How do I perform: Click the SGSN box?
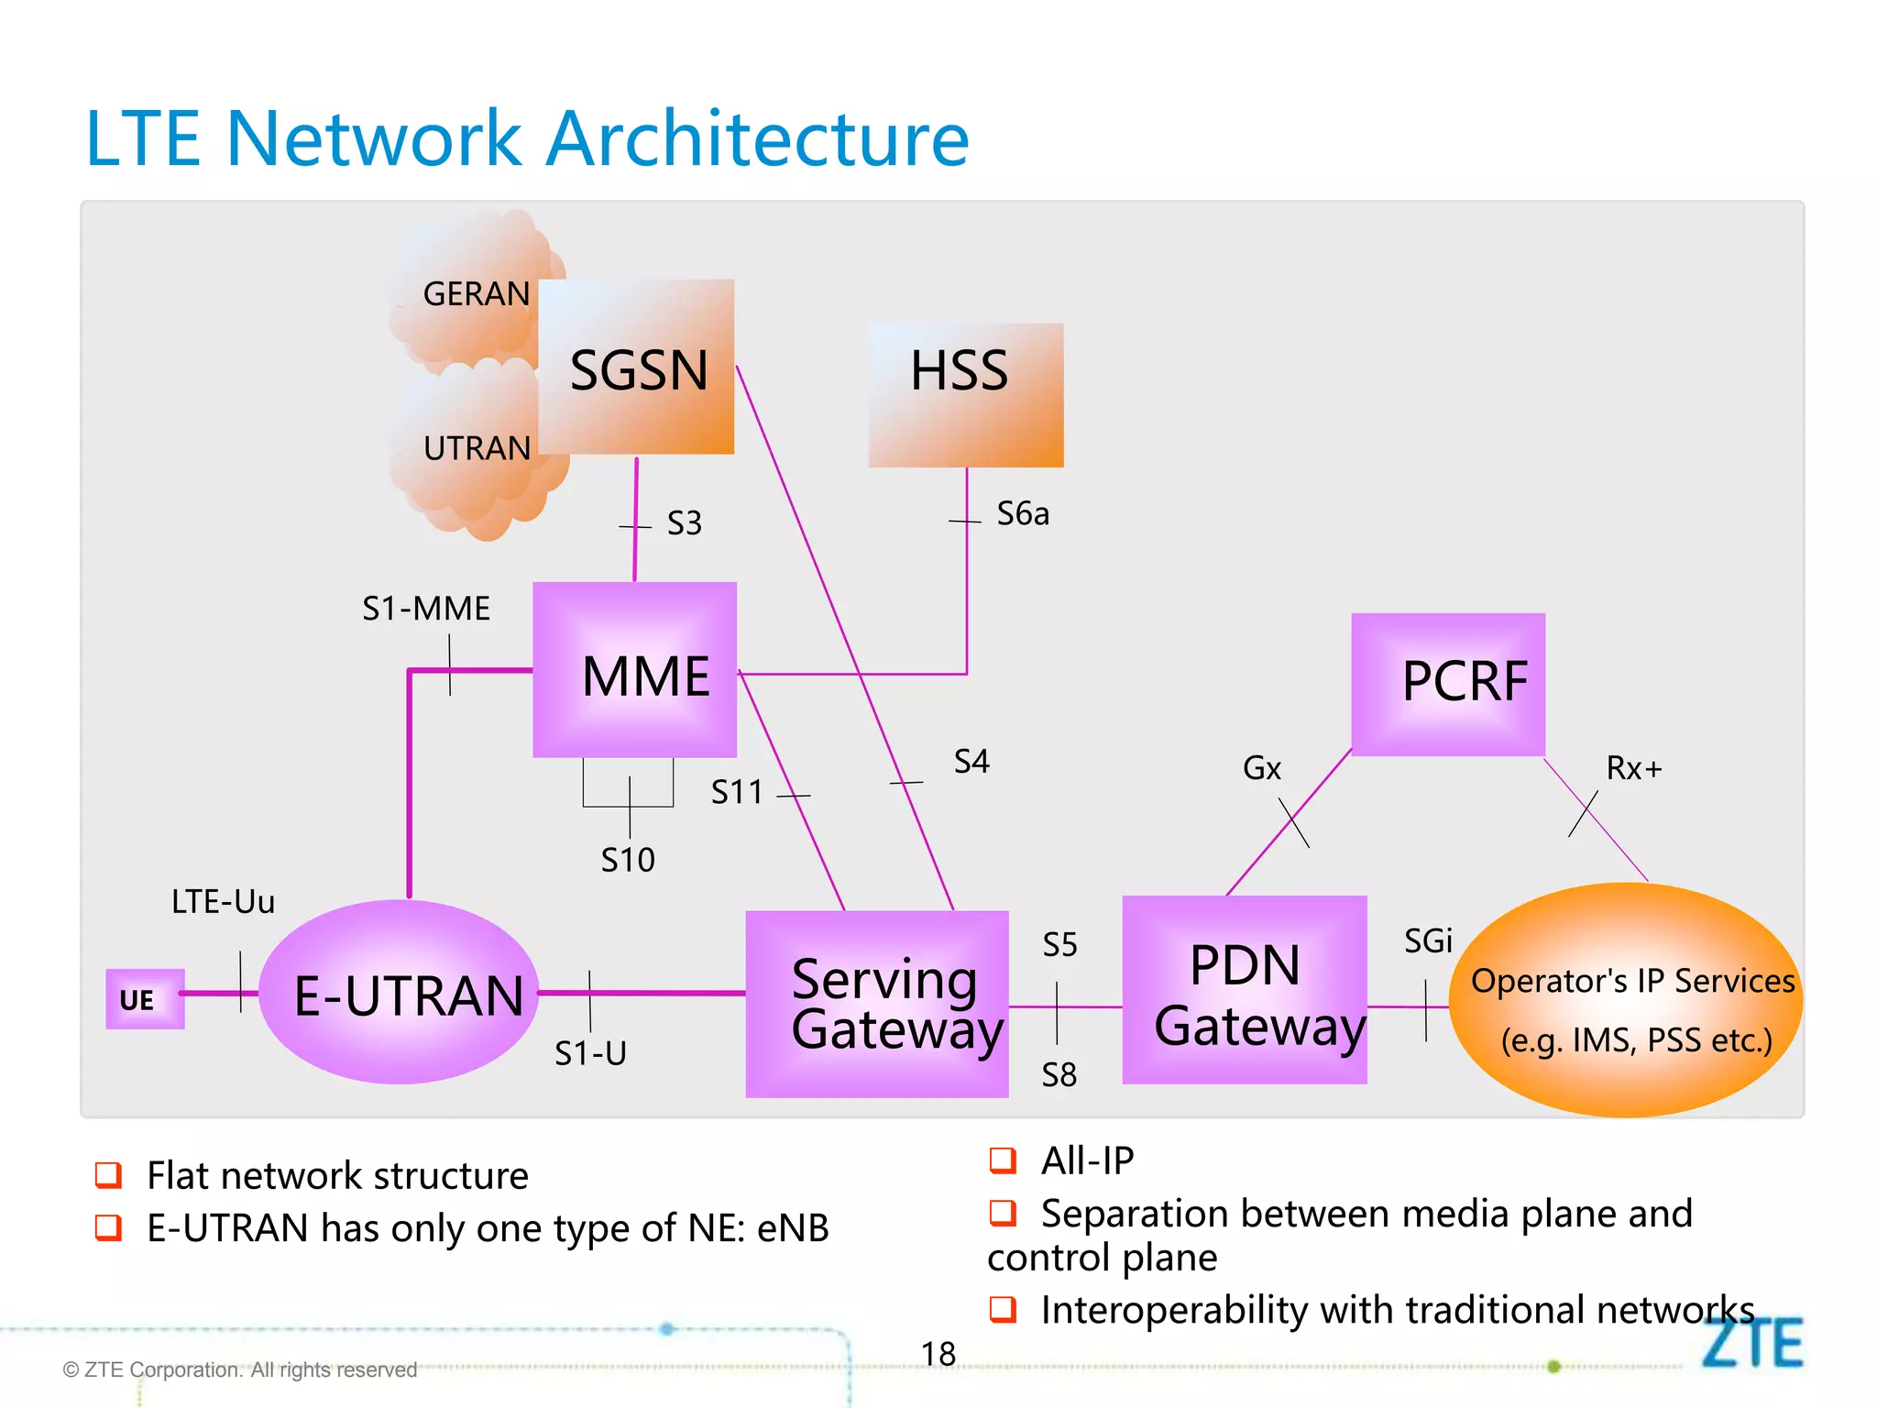coord(636,368)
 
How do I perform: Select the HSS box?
coord(966,395)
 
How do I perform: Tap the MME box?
coord(634,670)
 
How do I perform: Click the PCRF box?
coord(1448,684)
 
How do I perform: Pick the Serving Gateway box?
coord(877,1004)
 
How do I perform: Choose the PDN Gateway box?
coord(1244,991)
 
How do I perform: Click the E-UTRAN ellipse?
coord(399,993)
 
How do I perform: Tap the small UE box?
coord(144,999)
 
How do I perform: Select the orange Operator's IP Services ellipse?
coord(1625,1000)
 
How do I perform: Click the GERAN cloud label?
coord(476,294)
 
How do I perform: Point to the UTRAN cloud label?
coord(477,448)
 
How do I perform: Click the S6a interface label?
coord(1023,514)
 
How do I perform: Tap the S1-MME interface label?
coord(426,609)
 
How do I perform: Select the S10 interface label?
coord(628,860)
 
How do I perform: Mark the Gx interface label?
coord(1261,768)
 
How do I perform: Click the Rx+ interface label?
coord(1634,768)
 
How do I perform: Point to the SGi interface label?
coord(1428,941)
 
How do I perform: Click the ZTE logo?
coord(1751,1345)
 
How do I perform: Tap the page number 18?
coord(938,1354)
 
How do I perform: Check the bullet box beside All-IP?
coord(1003,1160)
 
